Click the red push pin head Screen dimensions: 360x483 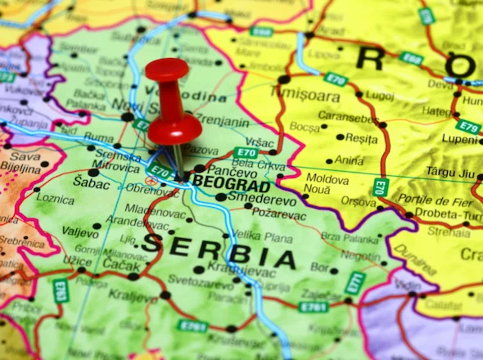coord(168,72)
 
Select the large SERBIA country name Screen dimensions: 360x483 coord(219,250)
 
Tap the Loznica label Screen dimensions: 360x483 coord(55,198)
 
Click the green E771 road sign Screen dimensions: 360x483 coord(354,283)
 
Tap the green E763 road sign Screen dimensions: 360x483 coord(61,291)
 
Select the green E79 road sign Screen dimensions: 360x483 coord(468,127)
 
